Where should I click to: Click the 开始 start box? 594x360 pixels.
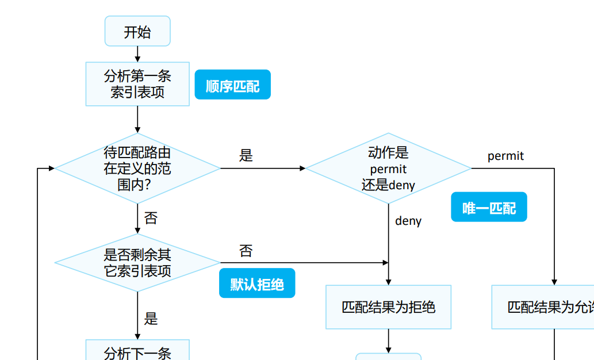pos(137,31)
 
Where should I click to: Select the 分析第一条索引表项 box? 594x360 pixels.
pos(137,84)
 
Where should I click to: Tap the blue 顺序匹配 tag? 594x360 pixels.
pos(232,85)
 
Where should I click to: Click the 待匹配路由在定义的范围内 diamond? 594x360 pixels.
pos(137,168)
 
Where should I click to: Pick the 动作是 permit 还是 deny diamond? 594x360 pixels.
pos(388,168)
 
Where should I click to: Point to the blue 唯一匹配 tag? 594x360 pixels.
pos(489,207)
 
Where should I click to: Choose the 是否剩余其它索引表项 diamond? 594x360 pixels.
pos(137,262)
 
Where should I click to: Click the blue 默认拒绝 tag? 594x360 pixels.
pos(257,283)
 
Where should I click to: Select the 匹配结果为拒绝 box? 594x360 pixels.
pos(388,307)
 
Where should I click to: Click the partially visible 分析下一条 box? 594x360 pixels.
pos(137,351)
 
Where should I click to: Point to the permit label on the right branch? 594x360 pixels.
pos(505,156)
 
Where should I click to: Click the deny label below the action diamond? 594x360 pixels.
pos(408,221)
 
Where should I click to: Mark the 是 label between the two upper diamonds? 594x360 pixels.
pos(246,155)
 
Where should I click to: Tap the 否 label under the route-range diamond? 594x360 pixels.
pos(151,218)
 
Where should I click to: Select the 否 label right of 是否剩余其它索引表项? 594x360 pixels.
pos(246,251)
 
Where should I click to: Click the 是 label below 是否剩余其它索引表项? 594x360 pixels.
pos(151,319)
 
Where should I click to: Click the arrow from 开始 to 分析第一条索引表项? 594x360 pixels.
pos(137,54)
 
